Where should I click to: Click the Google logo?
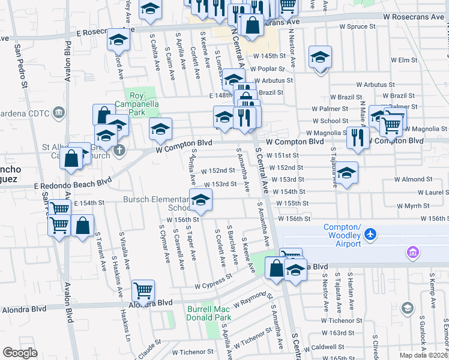coord(20,353)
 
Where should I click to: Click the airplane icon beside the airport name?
coord(372,233)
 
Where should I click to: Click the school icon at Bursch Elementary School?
coord(201,199)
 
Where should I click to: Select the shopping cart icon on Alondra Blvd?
coord(143,291)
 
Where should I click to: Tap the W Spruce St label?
coord(357,26)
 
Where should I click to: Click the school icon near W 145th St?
coord(320,58)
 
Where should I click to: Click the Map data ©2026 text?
coord(423,355)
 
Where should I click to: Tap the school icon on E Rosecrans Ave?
coord(118,40)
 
